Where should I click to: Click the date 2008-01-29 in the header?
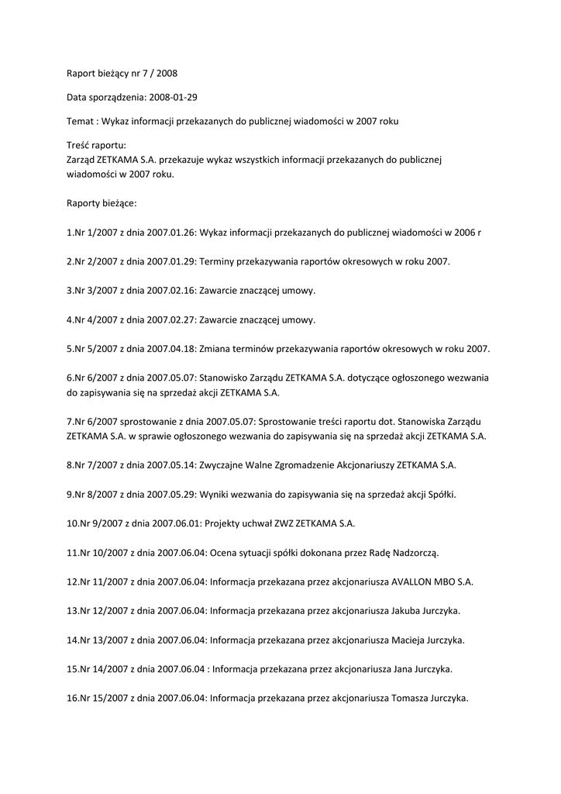pos(184,98)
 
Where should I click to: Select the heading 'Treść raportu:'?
pos(97,146)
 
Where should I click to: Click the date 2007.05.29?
pos(170,495)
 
